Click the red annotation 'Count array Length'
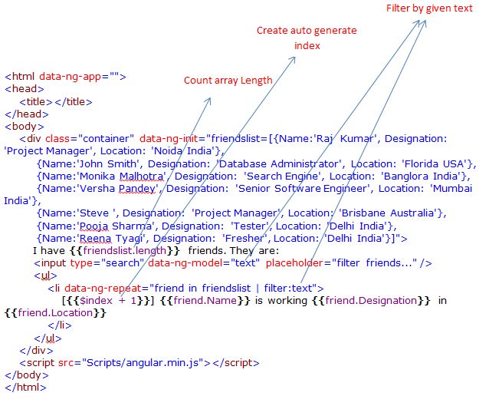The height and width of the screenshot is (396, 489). pyautogui.click(x=228, y=81)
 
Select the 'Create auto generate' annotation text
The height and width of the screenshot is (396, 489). pyautogui.click(x=306, y=31)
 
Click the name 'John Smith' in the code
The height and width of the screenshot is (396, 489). pyautogui.click(x=98, y=163)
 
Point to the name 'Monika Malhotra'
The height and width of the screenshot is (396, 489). pyautogui.click(x=119, y=176)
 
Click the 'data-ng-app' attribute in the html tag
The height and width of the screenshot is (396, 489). pyautogui.click(x=73, y=77)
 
